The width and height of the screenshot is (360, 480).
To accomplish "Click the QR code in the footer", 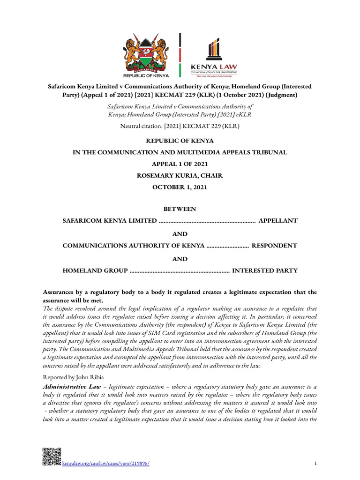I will pos(52,457).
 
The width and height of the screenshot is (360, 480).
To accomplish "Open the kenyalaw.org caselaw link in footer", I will pos(106,463).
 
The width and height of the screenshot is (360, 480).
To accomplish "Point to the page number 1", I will pos(315,464).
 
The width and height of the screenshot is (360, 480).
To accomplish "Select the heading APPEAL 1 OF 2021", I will pos(180,164).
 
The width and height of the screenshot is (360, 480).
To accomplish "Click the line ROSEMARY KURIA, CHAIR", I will pos(180,175).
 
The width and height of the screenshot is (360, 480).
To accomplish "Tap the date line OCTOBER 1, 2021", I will pos(180,187).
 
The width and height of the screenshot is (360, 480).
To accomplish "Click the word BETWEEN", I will pos(180,209).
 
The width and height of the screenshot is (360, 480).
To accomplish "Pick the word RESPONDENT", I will pos(274,246).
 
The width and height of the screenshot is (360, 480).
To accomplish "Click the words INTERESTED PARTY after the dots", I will pos(265,270).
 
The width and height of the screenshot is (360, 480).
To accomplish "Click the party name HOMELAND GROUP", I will pos(95,270).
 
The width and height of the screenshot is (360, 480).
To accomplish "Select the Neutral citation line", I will pos(180,126).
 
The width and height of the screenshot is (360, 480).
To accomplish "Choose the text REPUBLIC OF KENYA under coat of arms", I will pos(145,75).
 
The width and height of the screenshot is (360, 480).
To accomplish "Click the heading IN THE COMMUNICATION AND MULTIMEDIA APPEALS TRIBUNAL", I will pos(180,153).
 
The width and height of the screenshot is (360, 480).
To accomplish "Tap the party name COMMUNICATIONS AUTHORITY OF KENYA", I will pos(133,246).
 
